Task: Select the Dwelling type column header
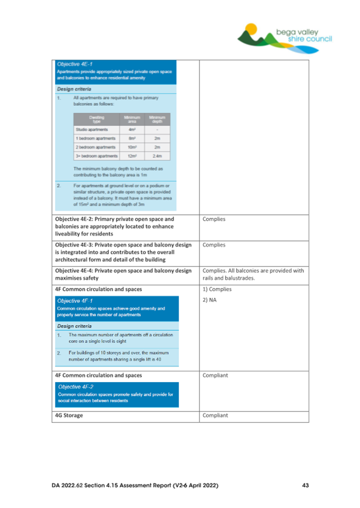click(97, 117)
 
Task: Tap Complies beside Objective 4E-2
click(215, 219)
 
